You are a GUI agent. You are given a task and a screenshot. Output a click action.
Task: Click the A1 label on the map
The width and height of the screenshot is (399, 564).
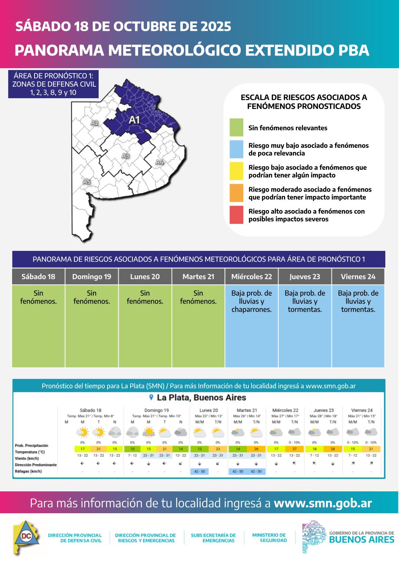(x=134, y=120)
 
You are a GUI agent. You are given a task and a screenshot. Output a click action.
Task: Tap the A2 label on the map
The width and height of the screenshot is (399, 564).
(x=95, y=123)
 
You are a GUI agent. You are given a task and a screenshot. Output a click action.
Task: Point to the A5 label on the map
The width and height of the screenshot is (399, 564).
(x=86, y=182)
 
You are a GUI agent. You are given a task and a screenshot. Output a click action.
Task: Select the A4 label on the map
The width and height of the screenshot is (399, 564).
(x=159, y=162)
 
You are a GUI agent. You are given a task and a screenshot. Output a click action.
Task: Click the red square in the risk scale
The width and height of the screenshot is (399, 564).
(x=236, y=215)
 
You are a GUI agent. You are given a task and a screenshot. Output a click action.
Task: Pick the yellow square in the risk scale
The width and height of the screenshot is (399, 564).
(x=236, y=171)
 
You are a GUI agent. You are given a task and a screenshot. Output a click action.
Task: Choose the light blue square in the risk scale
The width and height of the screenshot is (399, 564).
(x=236, y=149)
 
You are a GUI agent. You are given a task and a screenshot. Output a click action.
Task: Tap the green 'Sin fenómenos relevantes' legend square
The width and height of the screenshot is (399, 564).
(x=236, y=127)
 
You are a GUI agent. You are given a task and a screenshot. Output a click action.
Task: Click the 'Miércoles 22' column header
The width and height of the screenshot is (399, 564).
(x=251, y=277)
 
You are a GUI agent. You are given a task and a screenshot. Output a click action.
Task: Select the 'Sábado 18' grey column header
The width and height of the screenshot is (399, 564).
(x=38, y=277)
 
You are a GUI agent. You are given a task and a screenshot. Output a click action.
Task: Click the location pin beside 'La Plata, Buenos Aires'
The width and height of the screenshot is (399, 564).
(x=151, y=398)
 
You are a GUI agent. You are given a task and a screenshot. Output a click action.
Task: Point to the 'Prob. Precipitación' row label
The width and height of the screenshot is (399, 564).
(x=32, y=445)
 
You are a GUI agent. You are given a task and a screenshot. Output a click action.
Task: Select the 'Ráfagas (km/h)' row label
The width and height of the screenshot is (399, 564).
(x=28, y=471)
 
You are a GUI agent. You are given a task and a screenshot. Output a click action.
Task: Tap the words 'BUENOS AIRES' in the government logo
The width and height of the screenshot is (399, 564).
(x=362, y=539)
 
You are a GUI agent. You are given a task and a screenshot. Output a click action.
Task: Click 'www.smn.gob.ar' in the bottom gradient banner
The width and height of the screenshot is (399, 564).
(x=323, y=503)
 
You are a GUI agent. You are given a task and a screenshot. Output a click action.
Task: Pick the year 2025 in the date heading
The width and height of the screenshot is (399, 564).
(x=216, y=26)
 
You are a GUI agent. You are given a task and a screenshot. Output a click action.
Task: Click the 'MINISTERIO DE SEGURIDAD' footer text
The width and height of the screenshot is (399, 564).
(x=269, y=538)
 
